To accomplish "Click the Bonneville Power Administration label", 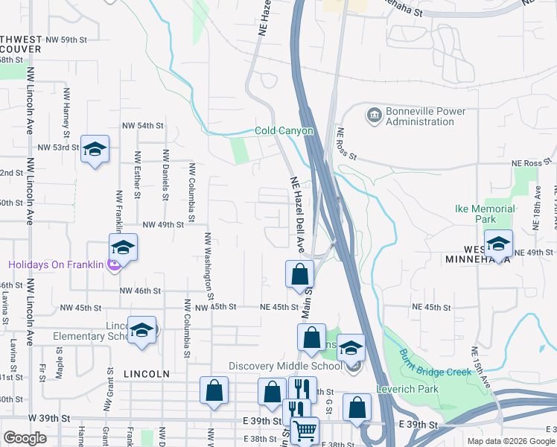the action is coord(425,117).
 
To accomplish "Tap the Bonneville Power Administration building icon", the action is coord(373,115).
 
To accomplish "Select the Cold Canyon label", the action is coord(284,131).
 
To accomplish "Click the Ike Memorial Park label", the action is coord(485,215).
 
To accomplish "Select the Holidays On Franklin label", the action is coord(56,264).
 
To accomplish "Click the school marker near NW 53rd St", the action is coord(95,150).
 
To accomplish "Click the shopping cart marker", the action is coord(304,430).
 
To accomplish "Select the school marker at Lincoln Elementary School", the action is coord(141,332).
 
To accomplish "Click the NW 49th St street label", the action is coord(162,224).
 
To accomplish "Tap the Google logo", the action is coord(25,438).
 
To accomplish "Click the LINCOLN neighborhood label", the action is coord(148,373).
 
